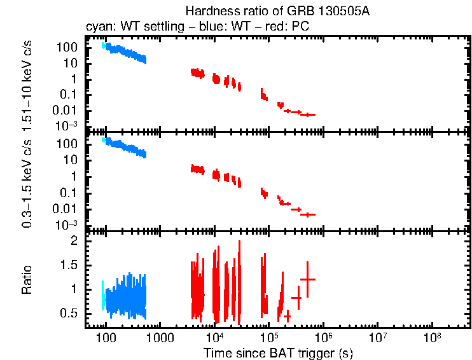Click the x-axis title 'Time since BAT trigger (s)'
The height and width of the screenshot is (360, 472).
pyautogui.click(x=278, y=352)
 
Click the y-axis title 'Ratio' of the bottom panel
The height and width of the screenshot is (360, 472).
pyautogui.click(x=28, y=280)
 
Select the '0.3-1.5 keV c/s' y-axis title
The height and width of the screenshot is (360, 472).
pyautogui.click(x=28, y=181)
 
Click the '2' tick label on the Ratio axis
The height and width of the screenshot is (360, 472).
pyautogui.click(x=74, y=241)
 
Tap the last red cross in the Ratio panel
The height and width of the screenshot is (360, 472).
pyautogui.click(x=307, y=279)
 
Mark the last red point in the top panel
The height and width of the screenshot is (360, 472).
pyautogui.click(x=308, y=114)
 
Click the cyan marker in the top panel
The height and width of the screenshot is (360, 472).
pyautogui.click(x=102, y=45)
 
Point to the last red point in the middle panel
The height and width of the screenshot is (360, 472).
pyautogui.click(x=308, y=214)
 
